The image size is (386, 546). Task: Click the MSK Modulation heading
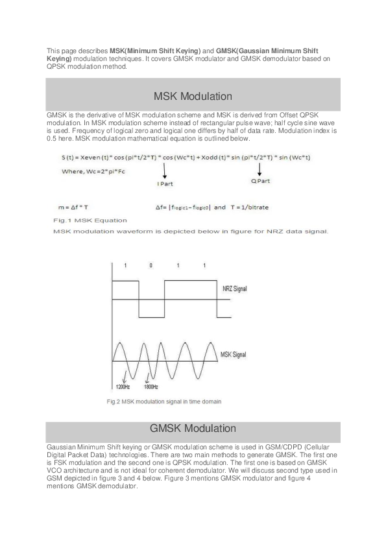[x=193, y=97]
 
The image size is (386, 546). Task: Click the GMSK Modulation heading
[x=193, y=429]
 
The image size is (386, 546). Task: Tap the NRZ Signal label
[x=234, y=288]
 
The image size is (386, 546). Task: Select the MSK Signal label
[x=234, y=355]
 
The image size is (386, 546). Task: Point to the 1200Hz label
[x=123, y=387]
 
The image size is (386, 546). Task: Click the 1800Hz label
[x=151, y=387]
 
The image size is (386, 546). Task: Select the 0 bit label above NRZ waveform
[x=151, y=266]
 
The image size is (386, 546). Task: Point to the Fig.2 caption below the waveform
[x=163, y=401]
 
